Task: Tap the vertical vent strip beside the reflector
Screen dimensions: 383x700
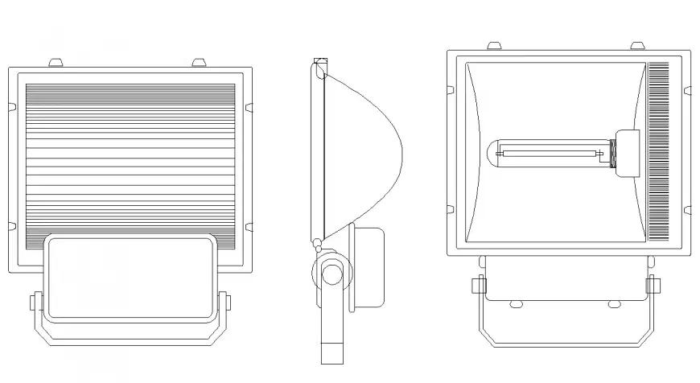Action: click(659, 152)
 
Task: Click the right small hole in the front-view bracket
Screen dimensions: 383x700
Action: click(614, 303)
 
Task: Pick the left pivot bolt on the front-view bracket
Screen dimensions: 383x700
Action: click(478, 285)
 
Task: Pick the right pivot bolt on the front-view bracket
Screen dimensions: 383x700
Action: click(652, 285)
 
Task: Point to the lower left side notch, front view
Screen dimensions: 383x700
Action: click(451, 210)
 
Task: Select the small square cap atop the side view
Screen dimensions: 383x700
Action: click(320, 62)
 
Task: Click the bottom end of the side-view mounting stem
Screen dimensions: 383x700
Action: click(331, 352)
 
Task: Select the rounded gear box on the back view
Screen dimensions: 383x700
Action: click(131, 276)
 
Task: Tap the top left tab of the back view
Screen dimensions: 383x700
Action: click(56, 62)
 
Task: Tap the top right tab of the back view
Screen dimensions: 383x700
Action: click(198, 62)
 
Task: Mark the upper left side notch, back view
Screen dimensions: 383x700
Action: click(11, 105)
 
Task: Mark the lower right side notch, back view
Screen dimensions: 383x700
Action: click(249, 226)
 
